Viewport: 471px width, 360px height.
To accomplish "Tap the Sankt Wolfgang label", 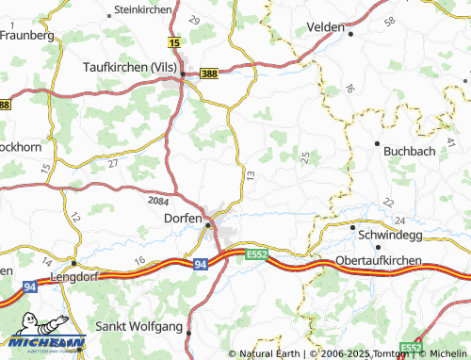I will tap(139, 327).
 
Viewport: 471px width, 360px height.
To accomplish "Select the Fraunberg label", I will tap(28, 34).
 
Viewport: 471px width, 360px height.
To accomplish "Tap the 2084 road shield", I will tap(160, 200).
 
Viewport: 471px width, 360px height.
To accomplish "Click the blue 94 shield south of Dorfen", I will tap(200, 266).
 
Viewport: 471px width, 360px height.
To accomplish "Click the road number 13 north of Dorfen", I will tap(250, 175).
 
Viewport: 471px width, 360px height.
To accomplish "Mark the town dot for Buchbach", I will tap(378, 143).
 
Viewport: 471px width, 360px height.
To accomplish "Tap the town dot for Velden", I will tap(350, 34).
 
